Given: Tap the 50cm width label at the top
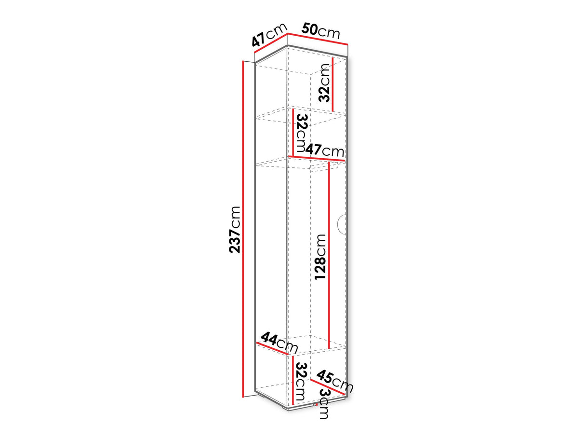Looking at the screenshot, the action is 320,31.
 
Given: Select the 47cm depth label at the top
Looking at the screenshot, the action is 270,35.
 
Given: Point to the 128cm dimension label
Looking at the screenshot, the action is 320,257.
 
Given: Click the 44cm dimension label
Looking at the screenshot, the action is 279,342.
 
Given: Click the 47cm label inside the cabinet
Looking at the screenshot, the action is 325,151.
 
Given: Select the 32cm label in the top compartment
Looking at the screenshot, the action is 324,83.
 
